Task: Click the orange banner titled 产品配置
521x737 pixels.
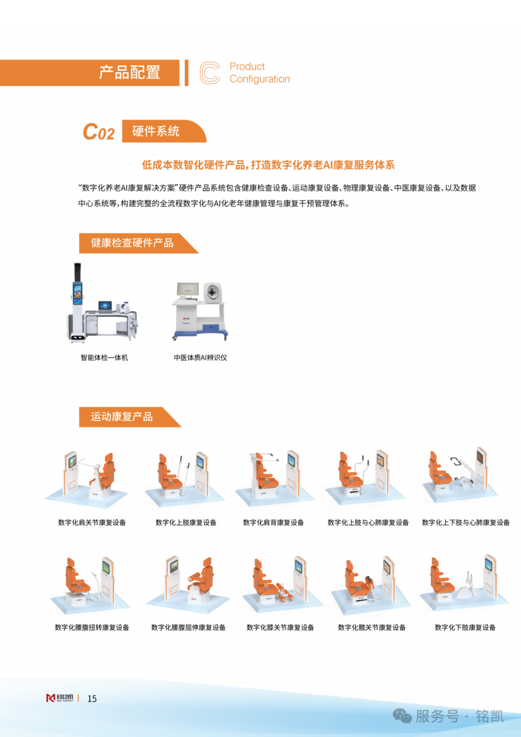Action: click(x=89, y=73)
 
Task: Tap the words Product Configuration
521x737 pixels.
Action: click(x=260, y=73)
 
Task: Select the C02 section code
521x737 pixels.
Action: click(x=99, y=132)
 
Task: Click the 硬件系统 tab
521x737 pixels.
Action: click(x=164, y=131)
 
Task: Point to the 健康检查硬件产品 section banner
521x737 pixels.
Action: click(x=138, y=243)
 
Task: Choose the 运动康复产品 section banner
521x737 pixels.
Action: click(x=130, y=417)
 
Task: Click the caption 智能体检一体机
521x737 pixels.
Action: click(x=104, y=358)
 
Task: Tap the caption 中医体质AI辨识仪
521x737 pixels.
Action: click(x=200, y=358)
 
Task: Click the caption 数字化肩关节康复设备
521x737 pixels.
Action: click(x=92, y=523)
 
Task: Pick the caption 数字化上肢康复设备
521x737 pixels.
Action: click(x=186, y=523)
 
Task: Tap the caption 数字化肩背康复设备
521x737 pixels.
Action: click(x=274, y=523)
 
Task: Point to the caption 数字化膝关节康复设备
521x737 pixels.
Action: click(x=280, y=627)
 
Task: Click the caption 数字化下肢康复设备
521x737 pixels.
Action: click(x=465, y=627)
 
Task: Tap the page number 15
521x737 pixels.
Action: click(x=92, y=699)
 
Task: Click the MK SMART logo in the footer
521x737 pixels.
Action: click(x=60, y=698)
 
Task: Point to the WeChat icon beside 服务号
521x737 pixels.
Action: click(x=402, y=716)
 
